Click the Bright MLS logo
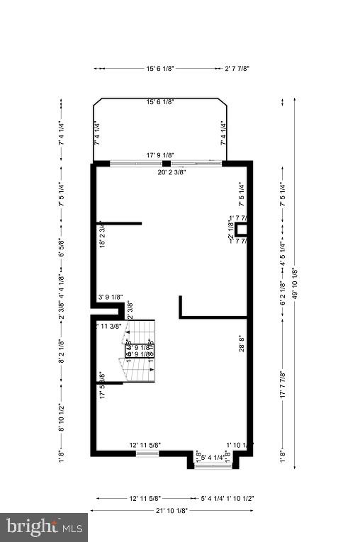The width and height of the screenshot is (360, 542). click(44, 527)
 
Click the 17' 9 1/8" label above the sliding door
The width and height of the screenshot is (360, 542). click(160, 155)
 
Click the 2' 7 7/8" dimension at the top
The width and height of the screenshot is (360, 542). click(237, 69)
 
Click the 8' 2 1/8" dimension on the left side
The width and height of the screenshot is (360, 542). click(62, 351)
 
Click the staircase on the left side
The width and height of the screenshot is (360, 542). click(140, 351)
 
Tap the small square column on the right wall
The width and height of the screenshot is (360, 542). click(242, 229)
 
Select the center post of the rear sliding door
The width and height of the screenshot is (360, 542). click(167, 164)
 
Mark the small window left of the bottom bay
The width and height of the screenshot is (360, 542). click(147, 453)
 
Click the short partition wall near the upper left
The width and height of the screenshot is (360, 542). click(119, 224)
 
